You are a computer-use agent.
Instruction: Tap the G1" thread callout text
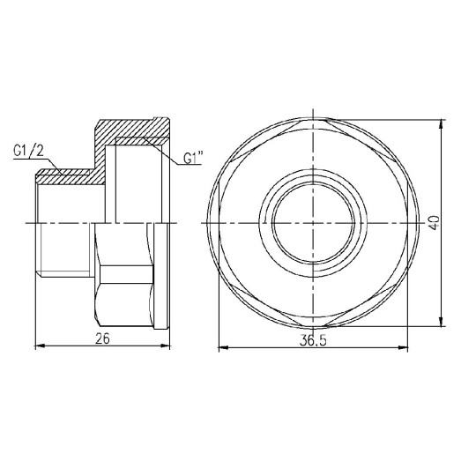194,160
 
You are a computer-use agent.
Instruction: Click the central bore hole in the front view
314,221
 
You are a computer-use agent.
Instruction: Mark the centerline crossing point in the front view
314,221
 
